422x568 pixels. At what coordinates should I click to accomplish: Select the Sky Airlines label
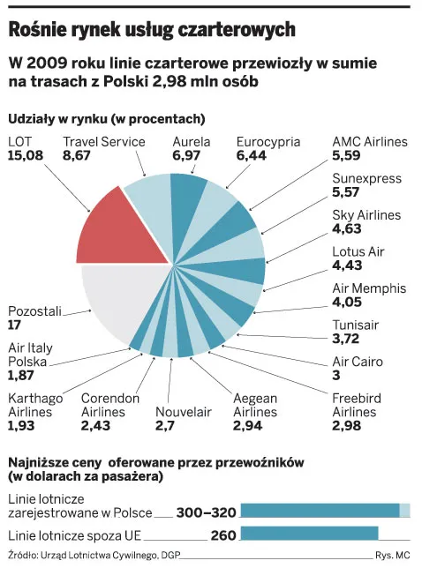[365, 215]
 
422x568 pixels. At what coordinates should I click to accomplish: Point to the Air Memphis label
[368, 288]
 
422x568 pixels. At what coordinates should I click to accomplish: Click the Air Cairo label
[358, 362]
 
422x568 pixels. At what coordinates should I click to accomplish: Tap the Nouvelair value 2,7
[166, 426]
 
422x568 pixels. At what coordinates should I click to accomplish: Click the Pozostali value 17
[15, 325]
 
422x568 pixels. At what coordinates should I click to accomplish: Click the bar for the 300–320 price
[325, 510]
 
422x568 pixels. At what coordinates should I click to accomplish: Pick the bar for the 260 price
[309, 533]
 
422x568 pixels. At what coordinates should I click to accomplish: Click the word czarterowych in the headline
[237, 29]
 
